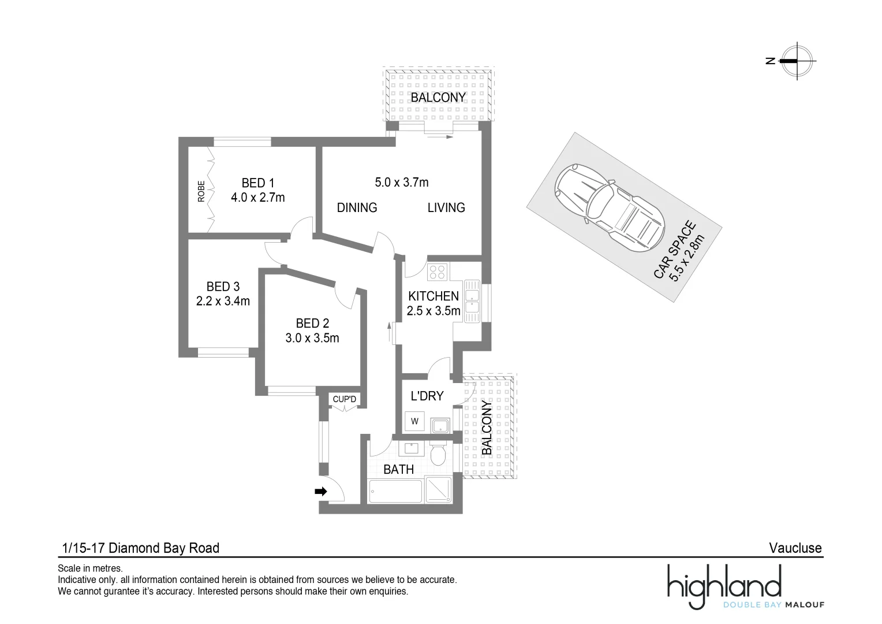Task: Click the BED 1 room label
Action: [253, 183]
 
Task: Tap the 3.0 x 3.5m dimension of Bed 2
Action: [312, 338]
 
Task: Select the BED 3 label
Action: [223, 287]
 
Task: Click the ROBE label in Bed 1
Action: [201, 191]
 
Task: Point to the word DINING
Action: [357, 207]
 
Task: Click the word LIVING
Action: [446, 207]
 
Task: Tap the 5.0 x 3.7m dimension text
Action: [401, 183]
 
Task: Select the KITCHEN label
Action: [433, 296]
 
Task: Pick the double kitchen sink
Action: [472, 300]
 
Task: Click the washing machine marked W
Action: [414, 421]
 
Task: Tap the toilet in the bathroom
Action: [438, 454]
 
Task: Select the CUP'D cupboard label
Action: [345, 399]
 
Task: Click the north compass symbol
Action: [797, 61]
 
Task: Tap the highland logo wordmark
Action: [724, 584]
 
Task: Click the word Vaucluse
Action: [795, 548]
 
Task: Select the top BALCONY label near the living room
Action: [438, 98]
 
